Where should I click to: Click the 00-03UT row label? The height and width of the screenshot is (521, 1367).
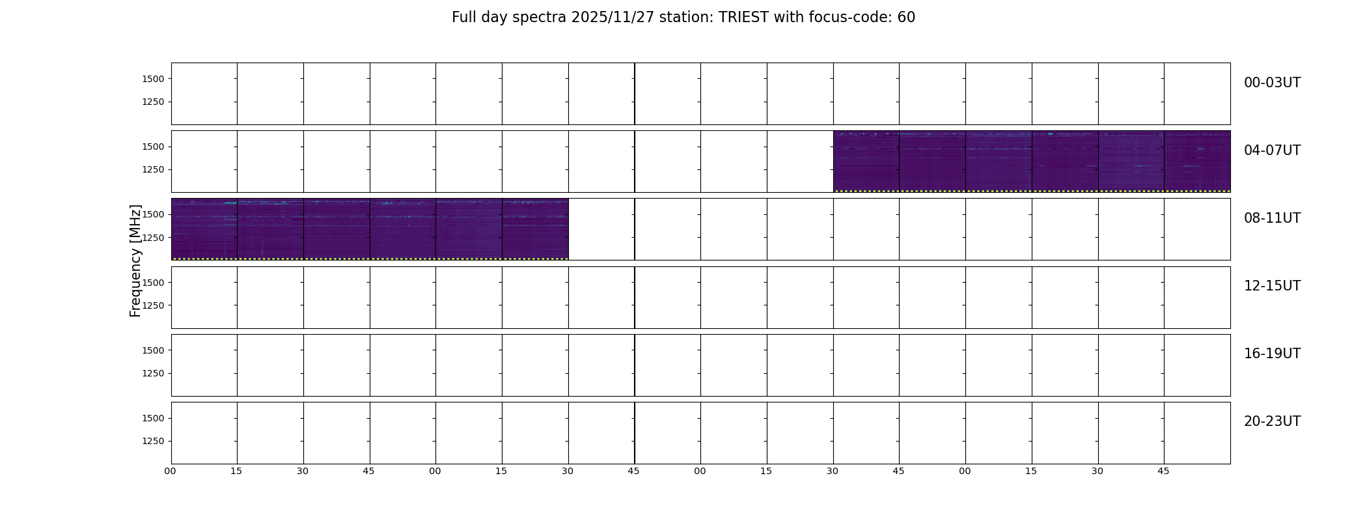pos(1272,83)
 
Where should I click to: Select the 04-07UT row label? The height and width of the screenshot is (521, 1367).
pos(1272,150)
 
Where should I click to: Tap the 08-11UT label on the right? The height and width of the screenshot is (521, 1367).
pos(1272,218)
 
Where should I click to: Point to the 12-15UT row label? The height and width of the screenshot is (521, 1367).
pos(1272,286)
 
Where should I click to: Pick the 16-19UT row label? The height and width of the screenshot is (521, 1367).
pos(1272,354)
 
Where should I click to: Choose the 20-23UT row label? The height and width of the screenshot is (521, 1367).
pos(1272,421)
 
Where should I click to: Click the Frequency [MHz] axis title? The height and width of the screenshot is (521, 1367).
pos(135,260)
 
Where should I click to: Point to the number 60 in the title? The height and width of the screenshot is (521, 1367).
pos(906,18)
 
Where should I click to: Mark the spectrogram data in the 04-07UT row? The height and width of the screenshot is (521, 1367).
pos(1032,162)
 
